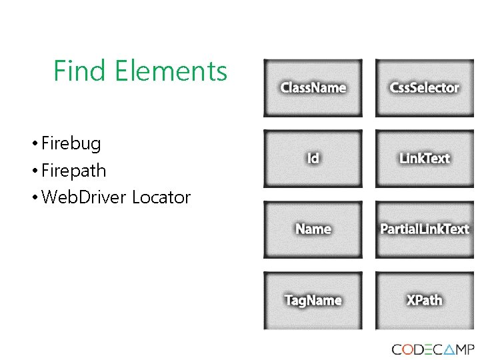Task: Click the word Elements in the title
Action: coord(171,71)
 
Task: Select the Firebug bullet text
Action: coord(71,143)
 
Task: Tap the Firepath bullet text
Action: coord(73,171)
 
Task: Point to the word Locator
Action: coord(161,197)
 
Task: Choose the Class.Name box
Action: coord(313,88)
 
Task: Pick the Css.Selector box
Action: coord(425,88)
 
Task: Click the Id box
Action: coord(313,159)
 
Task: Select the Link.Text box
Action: coord(425,159)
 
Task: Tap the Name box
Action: coord(313,229)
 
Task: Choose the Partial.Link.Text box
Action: coord(425,229)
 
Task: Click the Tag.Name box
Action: coord(313,301)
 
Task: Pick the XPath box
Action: coord(425,301)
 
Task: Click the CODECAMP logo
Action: coord(433,350)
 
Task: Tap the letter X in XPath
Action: coord(411,300)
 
